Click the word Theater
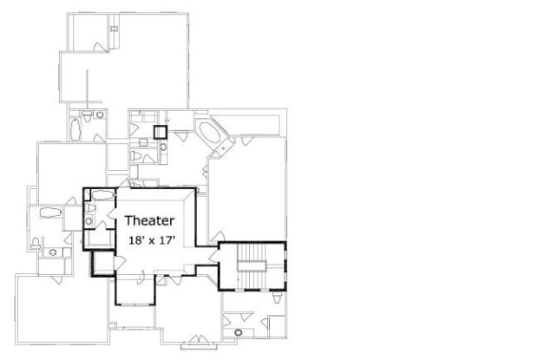pyautogui.click(x=149, y=220)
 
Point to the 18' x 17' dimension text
pyautogui.click(x=152, y=240)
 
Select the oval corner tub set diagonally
pyautogui.click(x=210, y=133)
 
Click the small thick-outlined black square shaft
pyautogui.click(x=161, y=132)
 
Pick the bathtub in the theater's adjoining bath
pyautogui.click(x=102, y=195)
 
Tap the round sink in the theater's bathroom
pyautogui.click(x=89, y=221)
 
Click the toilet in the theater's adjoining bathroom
pyautogui.click(x=90, y=207)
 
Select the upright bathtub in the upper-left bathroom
pyautogui.click(x=75, y=129)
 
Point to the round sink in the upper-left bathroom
pyautogui.click(x=100, y=115)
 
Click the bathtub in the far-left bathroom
pyautogui.click(x=50, y=213)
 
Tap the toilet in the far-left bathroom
pyautogui.click(x=36, y=243)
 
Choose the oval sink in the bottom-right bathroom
pyautogui.click(x=238, y=332)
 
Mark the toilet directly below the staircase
pyautogui.click(x=277, y=298)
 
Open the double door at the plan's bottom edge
pyautogui.click(x=199, y=338)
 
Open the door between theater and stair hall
pyautogui.click(x=213, y=256)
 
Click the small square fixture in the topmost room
pyautogui.click(x=115, y=29)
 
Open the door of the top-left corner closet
pyautogui.click(x=98, y=48)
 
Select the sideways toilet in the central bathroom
pyautogui.click(x=136, y=155)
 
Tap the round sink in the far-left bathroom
pyautogui.click(x=52, y=252)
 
